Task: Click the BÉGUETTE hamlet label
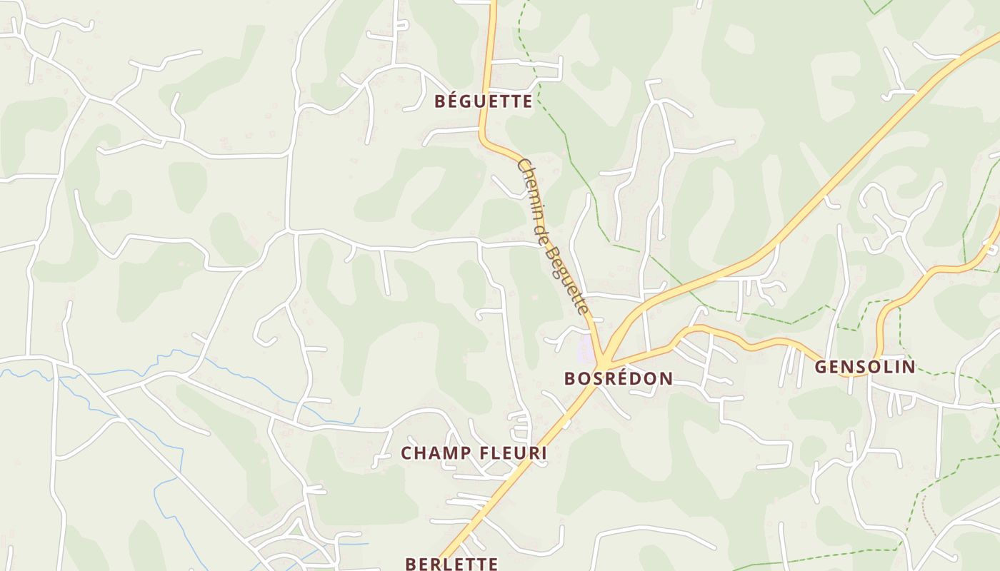(x=484, y=101)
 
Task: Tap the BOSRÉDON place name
(x=619, y=378)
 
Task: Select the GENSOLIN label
(x=865, y=367)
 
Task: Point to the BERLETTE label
(x=451, y=563)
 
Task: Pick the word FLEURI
(x=513, y=453)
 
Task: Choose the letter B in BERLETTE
(x=411, y=563)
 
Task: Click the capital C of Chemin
(x=521, y=165)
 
